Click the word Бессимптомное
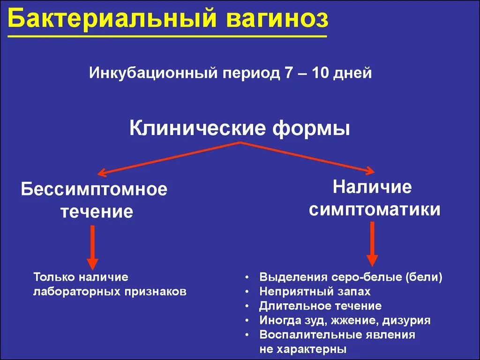94,190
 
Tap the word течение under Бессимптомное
97,212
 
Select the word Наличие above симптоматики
372,187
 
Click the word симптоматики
374,209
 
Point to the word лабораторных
76,292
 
